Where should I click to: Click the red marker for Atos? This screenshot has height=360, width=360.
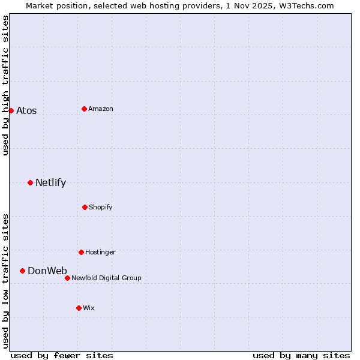click(x=11, y=110)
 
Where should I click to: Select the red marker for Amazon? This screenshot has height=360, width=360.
click(x=85, y=109)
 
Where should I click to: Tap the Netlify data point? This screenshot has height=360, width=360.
click(x=30, y=182)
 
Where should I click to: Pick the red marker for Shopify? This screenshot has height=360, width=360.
click(x=85, y=207)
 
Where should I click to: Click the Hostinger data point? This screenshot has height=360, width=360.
click(x=81, y=252)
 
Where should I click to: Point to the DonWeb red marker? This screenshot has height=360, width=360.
click(x=22, y=271)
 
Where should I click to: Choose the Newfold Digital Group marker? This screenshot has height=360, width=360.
click(x=67, y=278)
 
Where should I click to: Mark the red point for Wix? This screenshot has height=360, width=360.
click(x=79, y=308)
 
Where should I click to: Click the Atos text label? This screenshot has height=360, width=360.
click(x=26, y=110)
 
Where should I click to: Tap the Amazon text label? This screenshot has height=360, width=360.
click(x=101, y=109)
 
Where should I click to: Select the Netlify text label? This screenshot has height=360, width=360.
click(x=50, y=182)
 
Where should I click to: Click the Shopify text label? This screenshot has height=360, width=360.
click(x=101, y=207)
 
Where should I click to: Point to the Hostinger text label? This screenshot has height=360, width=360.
click(x=100, y=252)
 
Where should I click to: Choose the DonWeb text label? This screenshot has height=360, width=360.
click(x=47, y=271)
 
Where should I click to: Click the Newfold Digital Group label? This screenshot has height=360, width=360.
click(x=106, y=278)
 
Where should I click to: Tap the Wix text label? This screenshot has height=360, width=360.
click(x=89, y=308)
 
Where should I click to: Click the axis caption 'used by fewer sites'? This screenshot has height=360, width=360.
click(x=62, y=355)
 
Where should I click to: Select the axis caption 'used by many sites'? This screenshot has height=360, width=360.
click(x=301, y=355)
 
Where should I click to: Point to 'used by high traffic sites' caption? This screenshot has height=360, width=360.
click(x=5, y=85)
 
